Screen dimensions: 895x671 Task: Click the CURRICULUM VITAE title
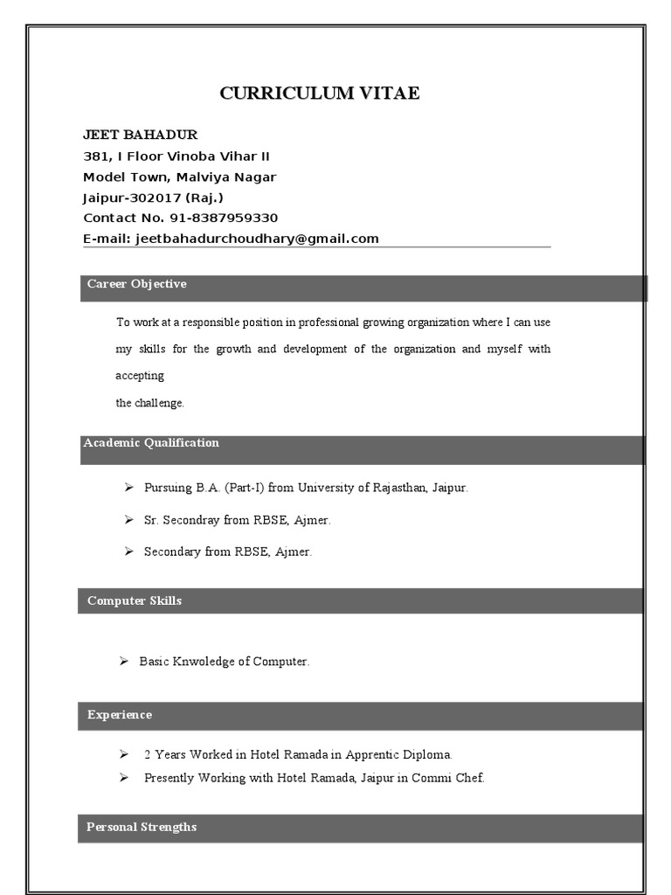[319, 94]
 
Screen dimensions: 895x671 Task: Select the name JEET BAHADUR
[140, 135]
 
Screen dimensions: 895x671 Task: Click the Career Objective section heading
[136, 284]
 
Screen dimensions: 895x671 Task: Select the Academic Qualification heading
[151, 443]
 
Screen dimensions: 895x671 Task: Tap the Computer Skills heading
[135, 601]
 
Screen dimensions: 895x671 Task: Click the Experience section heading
[120, 715]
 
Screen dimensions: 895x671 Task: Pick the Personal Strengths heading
[142, 827]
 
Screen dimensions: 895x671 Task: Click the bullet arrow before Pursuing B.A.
[128, 488]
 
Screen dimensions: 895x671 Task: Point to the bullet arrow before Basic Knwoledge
[124, 662]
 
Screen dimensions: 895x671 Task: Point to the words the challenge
[150, 403]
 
